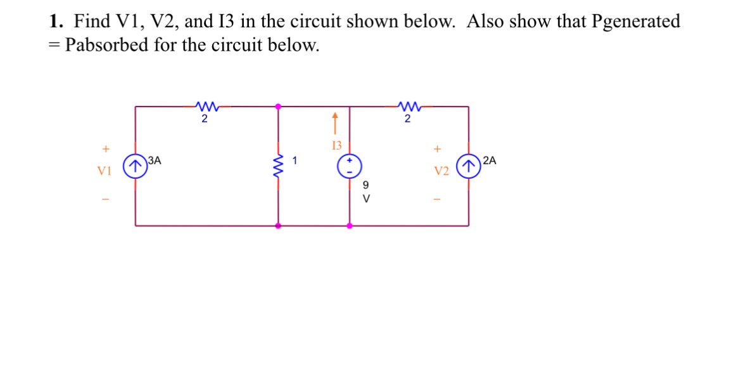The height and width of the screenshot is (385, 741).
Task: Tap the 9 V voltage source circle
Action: pyautogui.click(x=350, y=166)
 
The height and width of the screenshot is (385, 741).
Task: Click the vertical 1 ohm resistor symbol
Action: pyautogui.click(x=278, y=166)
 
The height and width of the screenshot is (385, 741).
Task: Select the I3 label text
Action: pyautogui.click(x=336, y=145)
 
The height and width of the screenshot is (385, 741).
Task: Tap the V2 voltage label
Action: pyautogui.click(x=441, y=171)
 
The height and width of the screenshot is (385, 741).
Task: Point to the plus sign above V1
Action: pyautogui.click(x=106, y=150)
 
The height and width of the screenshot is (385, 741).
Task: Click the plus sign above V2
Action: pyautogui.click(x=437, y=150)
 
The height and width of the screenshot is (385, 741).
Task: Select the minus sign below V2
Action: pyautogui.click(x=437, y=200)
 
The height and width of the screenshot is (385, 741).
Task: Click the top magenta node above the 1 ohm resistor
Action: pyautogui.click(x=278, y=107)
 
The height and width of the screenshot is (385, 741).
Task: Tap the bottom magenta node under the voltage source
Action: pyautogui.click(x=350, y=225)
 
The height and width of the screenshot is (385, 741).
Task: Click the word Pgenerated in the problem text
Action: pyautogui.click(x=636, y=22)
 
